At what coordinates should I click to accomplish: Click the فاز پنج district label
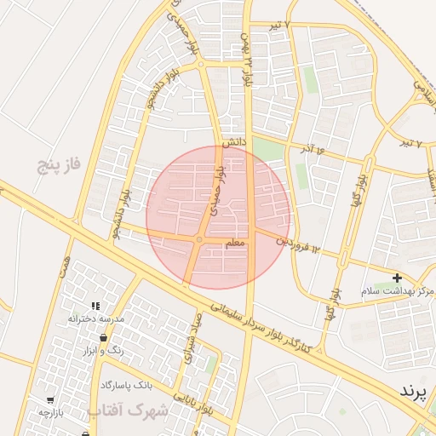(58, 164)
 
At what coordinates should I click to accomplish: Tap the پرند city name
(417, 392)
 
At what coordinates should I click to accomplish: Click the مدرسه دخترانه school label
(96, 318)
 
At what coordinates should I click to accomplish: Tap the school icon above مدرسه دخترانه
(96, 305)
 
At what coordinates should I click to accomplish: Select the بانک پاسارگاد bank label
(126, 385)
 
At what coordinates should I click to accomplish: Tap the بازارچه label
(51, 412)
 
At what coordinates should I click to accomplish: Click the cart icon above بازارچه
(51, 399)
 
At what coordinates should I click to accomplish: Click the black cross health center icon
(397, 278)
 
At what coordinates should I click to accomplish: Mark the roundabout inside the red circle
(198, 241)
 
